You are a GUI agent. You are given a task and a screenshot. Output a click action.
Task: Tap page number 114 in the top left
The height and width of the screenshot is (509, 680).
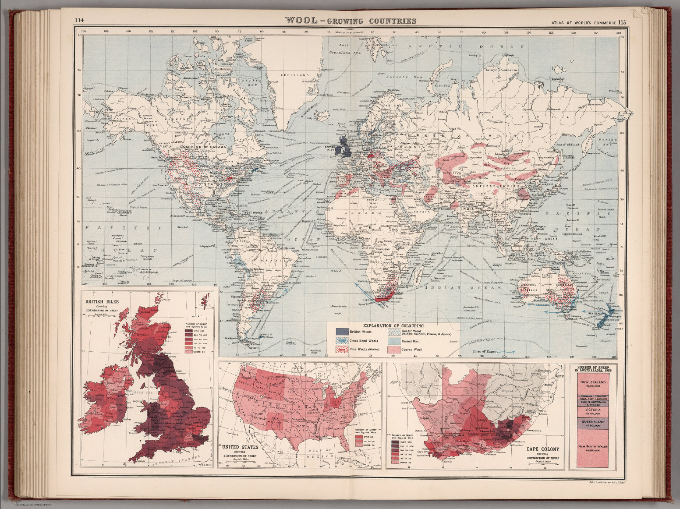[80, 19]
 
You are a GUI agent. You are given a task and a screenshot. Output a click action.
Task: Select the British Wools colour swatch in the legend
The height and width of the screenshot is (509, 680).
[341, 332]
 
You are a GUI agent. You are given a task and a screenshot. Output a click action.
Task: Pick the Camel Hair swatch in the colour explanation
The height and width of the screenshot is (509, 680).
[394, 341]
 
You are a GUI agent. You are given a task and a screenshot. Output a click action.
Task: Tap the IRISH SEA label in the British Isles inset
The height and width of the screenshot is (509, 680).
[134, 392]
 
